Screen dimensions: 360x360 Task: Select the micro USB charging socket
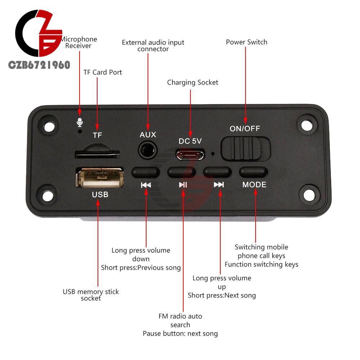[x=190, y=155]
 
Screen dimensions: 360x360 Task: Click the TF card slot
[x=97, y=154]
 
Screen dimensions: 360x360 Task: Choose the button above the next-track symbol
[x=217, y=172]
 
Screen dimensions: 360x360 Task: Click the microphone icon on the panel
[x=79, y=123]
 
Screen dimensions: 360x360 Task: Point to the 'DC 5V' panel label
[x=190, y=141]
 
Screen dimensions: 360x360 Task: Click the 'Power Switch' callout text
[x=247, y=42]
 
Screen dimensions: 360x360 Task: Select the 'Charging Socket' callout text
[x=193, y=82]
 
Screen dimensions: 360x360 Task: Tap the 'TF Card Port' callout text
[x=103, y=72]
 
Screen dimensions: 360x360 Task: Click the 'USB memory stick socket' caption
[x=91, y=295]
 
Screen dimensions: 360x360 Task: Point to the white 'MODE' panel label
[x=254, y=185]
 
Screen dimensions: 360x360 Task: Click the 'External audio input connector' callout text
[x=153, y=45]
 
